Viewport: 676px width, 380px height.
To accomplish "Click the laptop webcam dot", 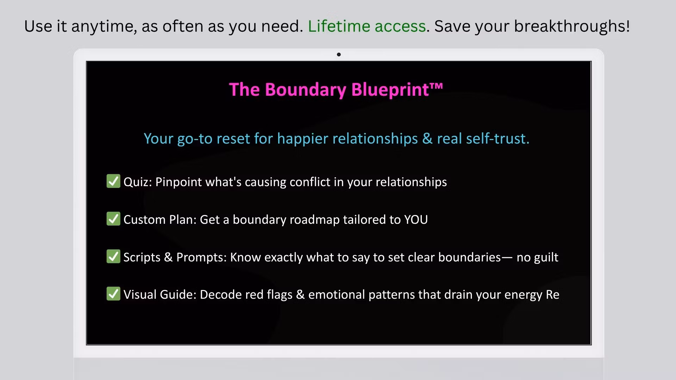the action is (x=339, y=55).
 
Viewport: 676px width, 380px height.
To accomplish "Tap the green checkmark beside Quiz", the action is (x=113, y=181).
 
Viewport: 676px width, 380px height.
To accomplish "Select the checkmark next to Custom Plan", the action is (x=113, y=219).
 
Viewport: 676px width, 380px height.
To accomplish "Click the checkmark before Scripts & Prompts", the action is (x=113, y=256).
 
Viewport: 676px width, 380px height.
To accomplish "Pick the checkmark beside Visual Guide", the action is (x=113, y=294).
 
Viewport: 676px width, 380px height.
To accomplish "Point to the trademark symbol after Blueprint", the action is (x=436, y=85).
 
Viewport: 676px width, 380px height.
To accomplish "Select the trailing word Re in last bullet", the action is (x=552, y=295).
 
